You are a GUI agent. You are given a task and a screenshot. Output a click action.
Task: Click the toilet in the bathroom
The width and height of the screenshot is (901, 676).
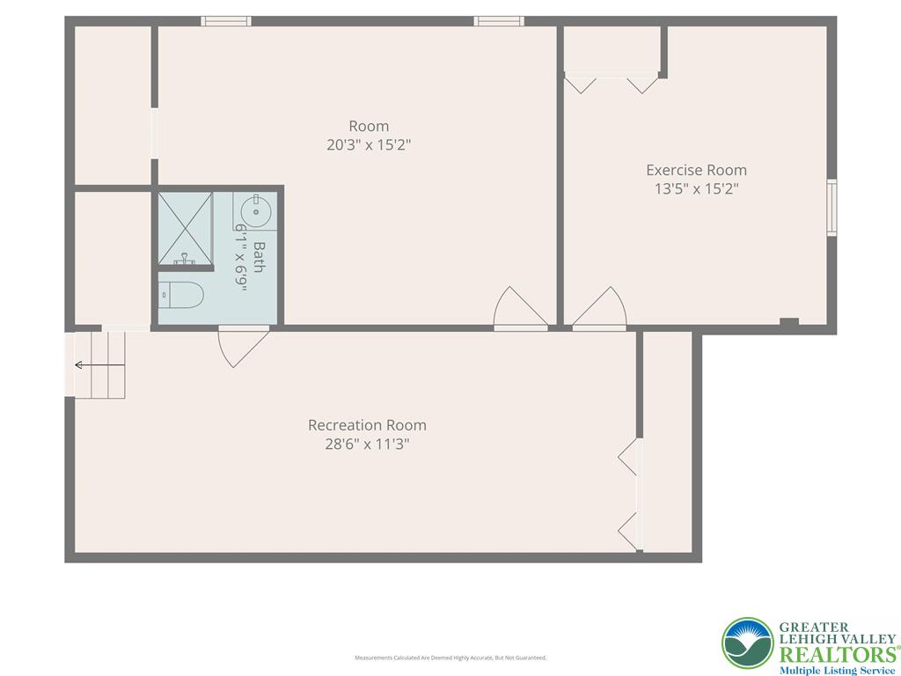[182, 295]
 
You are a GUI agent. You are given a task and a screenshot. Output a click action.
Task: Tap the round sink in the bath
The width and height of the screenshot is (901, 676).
[256, 210]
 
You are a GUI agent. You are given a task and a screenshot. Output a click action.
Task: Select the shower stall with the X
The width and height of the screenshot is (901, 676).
[185, 226]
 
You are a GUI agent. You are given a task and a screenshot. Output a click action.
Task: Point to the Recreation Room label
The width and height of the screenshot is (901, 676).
[367, 425]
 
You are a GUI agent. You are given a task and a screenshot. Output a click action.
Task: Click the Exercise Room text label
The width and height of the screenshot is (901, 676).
[696, 170]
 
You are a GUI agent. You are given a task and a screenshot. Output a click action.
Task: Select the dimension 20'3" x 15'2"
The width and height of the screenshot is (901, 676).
[368, 145]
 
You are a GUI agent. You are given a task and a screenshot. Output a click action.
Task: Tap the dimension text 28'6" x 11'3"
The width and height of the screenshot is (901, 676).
[367, 445]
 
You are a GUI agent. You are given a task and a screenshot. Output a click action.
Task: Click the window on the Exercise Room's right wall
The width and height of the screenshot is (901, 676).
[831, 208]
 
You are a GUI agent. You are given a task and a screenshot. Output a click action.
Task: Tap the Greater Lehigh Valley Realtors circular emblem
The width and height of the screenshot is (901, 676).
[747, 643]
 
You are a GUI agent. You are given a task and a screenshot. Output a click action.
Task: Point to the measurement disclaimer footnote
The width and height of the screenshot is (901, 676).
[450, 658]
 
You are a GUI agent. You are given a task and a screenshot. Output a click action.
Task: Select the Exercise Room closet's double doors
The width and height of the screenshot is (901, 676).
[612, 83]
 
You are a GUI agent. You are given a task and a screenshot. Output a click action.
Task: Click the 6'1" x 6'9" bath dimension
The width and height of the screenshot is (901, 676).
[238, 255]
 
